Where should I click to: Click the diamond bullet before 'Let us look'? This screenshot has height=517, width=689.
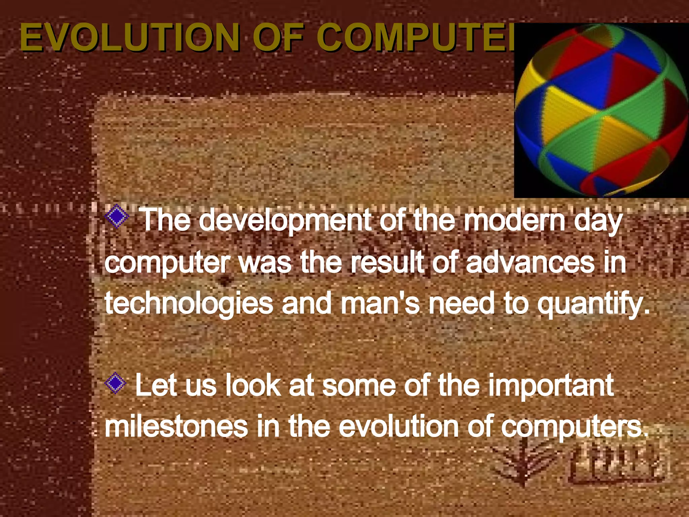[x=115, y=383]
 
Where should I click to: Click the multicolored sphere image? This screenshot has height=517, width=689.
[x=602, y=110]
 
